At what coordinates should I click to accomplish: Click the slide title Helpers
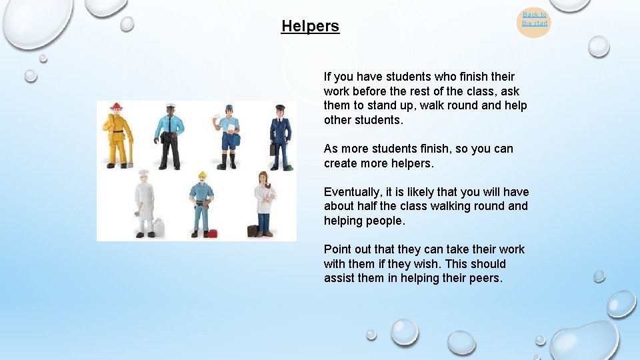click(x=310, y=27)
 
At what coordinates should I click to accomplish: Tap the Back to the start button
click(x=534, y=19)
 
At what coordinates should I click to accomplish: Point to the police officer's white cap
click(x=170, y=106)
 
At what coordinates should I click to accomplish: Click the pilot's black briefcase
click(x=272, y=149)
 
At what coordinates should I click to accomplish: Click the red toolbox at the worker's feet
click(x=212, y=233)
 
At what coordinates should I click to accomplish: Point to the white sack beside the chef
click(x=159, y=228)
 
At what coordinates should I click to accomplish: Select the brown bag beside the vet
click(x=253, y=231)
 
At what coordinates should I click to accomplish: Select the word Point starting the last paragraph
click(x=337, y=249)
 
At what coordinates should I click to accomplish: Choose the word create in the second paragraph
click(x=341, y=163)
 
